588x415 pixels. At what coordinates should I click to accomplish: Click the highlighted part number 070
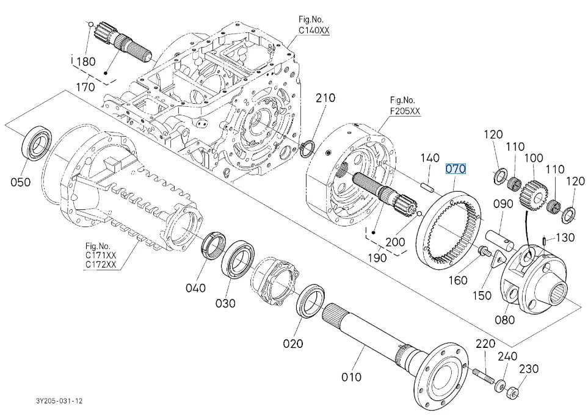pos(456,168)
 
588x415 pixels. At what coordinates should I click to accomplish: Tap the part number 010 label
pos(352,377)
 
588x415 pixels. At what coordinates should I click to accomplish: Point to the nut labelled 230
pos(513,391)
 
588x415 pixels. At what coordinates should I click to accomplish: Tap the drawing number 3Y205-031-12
pos(59,401)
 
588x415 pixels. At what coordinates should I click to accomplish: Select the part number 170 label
pos(85,87)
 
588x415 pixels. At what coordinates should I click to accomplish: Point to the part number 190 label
pos(377,258)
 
